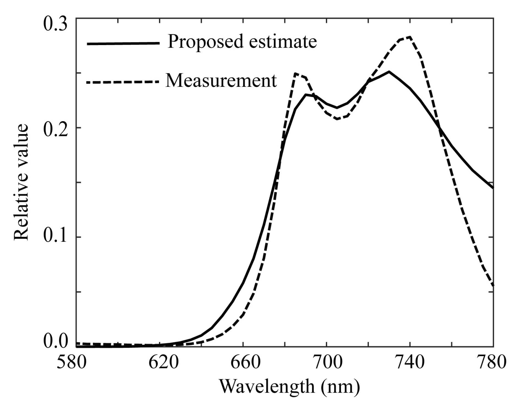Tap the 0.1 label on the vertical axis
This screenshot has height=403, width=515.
pos(56,237)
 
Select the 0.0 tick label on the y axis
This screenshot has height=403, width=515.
pos(56,342)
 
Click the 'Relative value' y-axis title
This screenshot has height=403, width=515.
pos(21,182)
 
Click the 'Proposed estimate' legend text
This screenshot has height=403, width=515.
pos(242,42)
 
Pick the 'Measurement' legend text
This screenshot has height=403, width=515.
pos(221,81)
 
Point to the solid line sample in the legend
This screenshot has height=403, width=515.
pos(123,43)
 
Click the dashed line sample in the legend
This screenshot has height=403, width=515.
pos(123,82)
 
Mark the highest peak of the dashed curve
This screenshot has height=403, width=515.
pos(410,37)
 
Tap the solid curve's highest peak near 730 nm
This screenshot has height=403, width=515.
pos(389,71)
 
